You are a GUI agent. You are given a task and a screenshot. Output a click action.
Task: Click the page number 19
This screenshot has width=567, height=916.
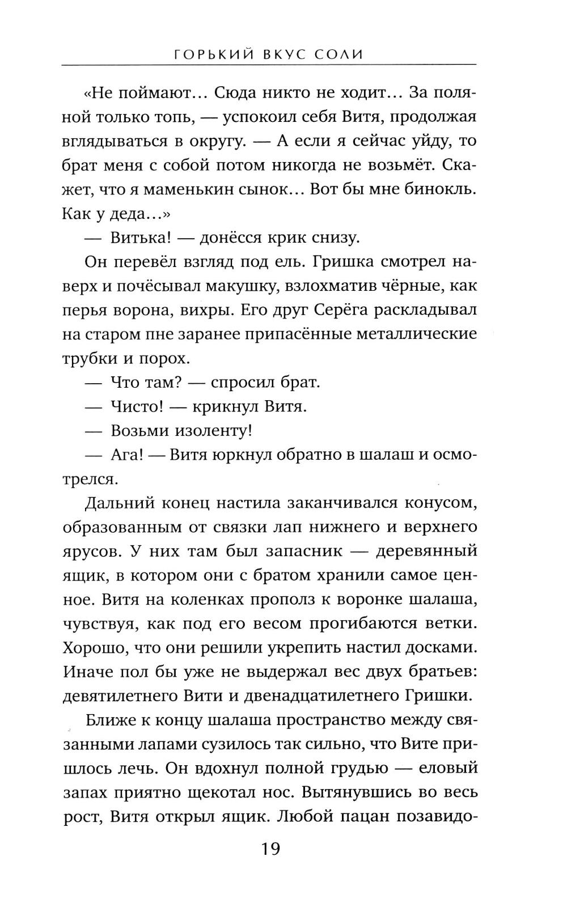pyautogui.click(x=270, y=849)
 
